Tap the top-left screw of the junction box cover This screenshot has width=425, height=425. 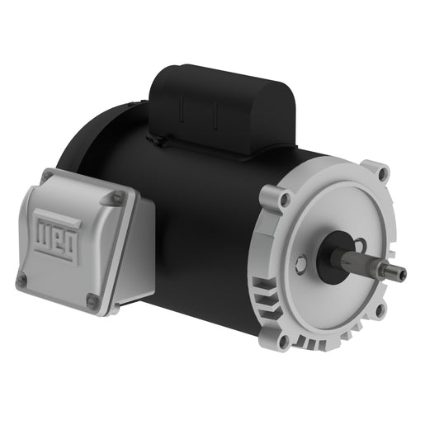click(x=48, y=174)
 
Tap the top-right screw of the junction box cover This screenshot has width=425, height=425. click(x=117, y=196)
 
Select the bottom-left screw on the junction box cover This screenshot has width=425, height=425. click(x=21, y=279)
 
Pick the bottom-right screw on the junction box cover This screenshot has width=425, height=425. click(x=92, y=299)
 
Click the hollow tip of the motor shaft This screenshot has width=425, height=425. click(x=403, y=273)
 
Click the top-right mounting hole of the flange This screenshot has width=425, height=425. click(x=383, y=173)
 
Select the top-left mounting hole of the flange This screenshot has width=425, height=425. click(x=285, y=199)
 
